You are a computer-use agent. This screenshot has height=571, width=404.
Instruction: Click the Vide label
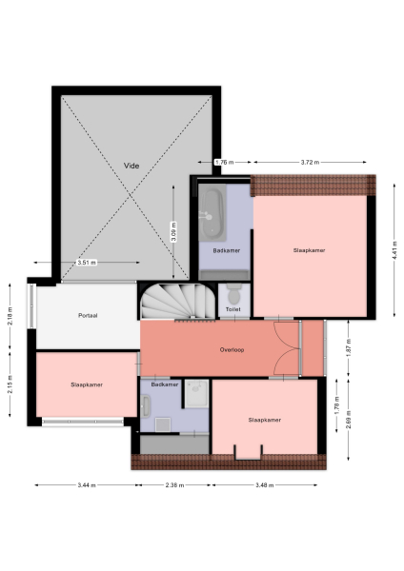(x=131, y=166)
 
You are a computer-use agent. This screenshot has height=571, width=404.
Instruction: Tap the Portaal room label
(x=90, y=314)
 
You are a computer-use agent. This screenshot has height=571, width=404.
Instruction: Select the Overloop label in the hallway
(x=232, y=349)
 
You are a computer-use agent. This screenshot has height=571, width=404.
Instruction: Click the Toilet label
(x=232, y=308)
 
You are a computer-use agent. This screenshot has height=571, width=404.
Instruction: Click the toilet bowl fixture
(x=232, y=295)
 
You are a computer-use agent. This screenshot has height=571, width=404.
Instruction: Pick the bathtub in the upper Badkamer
(x=211, y=213)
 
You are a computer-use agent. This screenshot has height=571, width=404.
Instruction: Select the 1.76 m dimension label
(x=224, y=163)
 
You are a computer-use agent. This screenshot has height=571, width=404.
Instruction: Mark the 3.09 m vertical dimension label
(x=173, y=231)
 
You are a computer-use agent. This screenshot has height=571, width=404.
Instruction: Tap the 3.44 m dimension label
(x=85, y=485)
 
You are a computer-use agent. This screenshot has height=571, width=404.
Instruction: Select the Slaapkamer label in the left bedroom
(x=87, y=384)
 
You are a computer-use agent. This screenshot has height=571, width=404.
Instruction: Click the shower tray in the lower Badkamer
(x=197, y=393)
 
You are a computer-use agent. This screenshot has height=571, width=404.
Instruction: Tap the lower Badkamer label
(x=165, y=384)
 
